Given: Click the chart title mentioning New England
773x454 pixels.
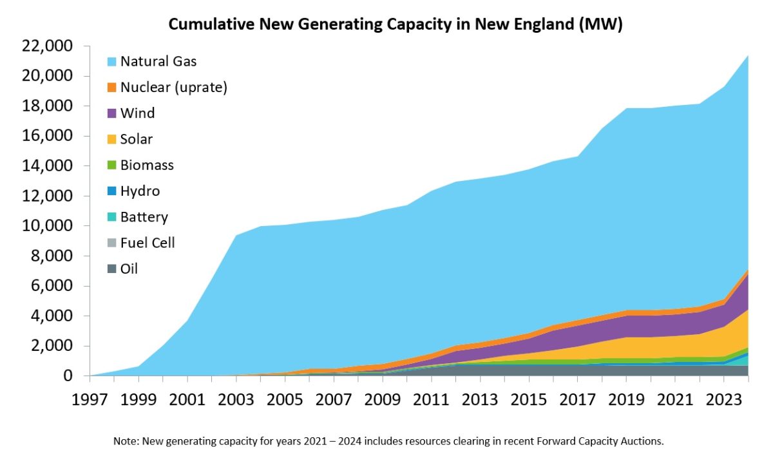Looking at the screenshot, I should coord(396,24).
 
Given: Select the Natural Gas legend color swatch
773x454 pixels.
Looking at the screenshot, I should coord(112,62).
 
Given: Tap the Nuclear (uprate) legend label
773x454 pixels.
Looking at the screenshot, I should coord(173,88).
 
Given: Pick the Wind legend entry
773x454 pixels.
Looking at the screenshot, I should coord(137,113).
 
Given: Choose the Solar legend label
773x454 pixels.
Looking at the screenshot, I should coord(136,139).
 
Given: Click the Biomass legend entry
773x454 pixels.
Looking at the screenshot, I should coord(147,165).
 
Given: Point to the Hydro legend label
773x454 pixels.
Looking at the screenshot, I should coord(140,191).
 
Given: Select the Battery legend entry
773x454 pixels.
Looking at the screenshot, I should coord(144,216).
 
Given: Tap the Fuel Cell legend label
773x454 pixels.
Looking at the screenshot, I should coord(148,243).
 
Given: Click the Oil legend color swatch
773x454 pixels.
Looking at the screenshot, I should coord(112,269).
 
